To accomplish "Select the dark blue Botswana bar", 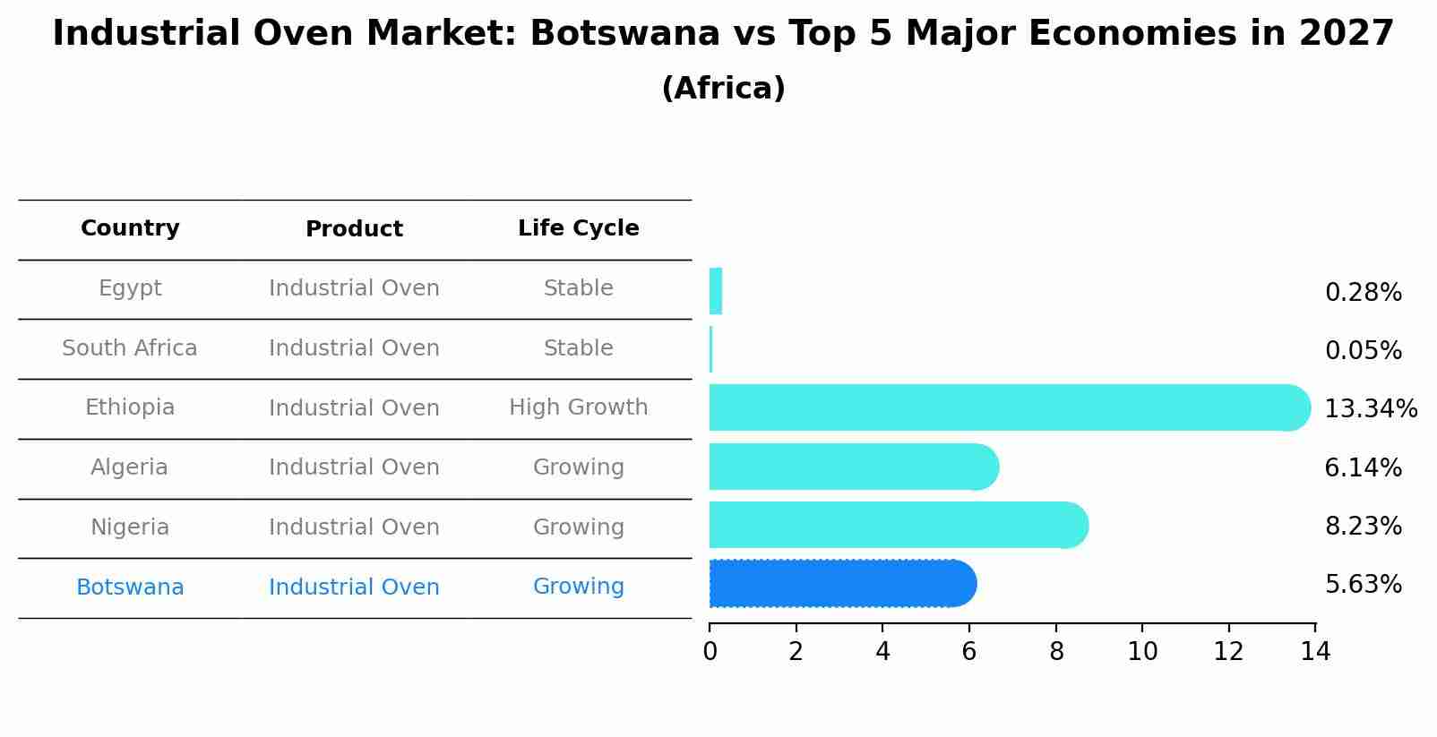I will coord(842,584).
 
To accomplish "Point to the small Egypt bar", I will coord(715,291).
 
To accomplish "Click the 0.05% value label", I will coord(1363,350).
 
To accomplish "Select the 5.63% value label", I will coord(1363,585).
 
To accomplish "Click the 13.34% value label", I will coord(1370,409).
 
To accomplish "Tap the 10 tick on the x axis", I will coord(1142,652).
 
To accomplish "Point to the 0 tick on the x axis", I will coord(710,652).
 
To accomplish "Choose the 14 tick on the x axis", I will coord(1315,652).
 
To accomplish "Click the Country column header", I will coord(130,228).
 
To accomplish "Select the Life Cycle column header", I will coord(578,228).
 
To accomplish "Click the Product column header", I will coord(354,229).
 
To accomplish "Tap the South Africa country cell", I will coord(130,348).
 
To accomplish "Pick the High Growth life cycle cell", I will coord(578,407).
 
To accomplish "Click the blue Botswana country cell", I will coord(130,587).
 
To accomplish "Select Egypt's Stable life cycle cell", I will coord(578,288).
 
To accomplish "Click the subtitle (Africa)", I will coord(723,89).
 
